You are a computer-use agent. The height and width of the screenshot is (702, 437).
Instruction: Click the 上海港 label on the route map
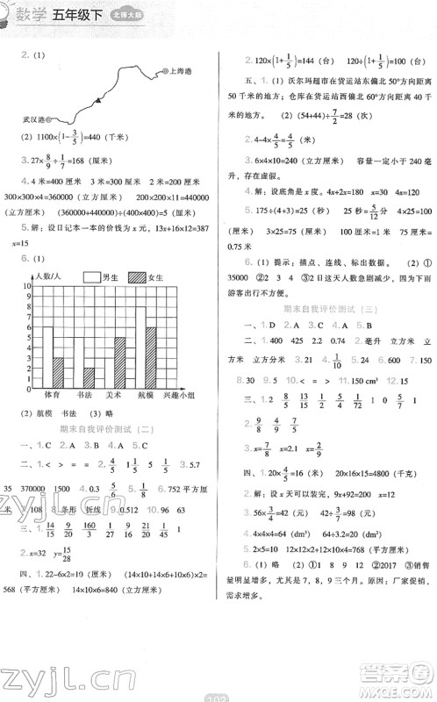(182, 73)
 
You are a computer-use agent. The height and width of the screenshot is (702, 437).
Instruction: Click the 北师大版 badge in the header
(139, 15)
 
